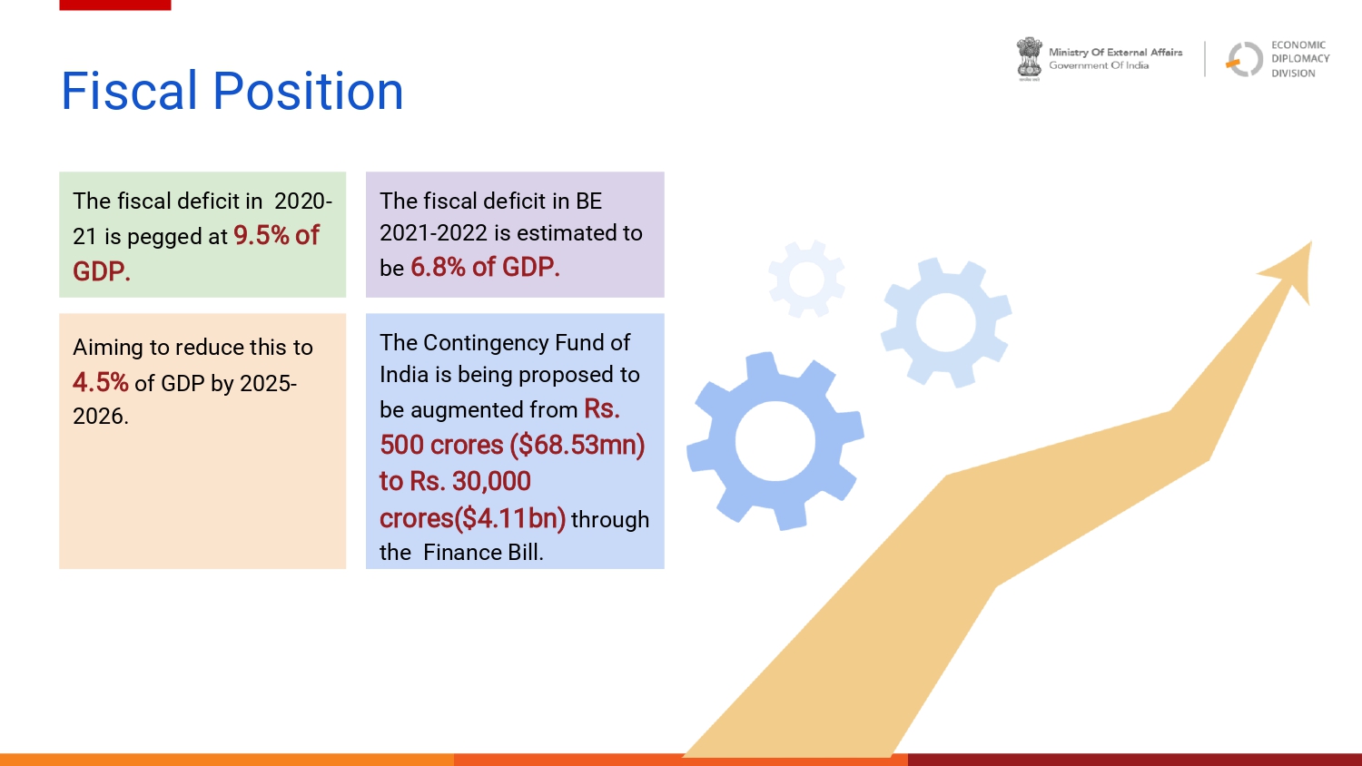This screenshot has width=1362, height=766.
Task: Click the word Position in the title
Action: click(309, 91)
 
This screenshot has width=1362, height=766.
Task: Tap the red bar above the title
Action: click(115, 5)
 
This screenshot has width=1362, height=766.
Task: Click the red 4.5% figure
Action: click(100, 383)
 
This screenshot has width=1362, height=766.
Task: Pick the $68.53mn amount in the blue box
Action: click(577, 445)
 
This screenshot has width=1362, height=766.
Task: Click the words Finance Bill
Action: click(483, 553)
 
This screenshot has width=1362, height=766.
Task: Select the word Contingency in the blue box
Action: click(496, 343)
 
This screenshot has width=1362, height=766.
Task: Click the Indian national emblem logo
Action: click(1030, 59)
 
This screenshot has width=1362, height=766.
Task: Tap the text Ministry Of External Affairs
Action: click(1116, 53)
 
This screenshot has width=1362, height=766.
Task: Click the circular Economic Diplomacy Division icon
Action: click(1245, 59)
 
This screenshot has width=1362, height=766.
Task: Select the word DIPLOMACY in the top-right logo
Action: click(1300, 59)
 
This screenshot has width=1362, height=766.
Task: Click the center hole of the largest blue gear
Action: click(775, 441)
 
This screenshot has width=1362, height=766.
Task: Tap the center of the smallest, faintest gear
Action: click(807, 279)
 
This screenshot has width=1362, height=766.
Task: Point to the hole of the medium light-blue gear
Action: click(946, 322)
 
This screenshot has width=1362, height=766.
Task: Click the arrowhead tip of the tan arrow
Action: click(1311, 242)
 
